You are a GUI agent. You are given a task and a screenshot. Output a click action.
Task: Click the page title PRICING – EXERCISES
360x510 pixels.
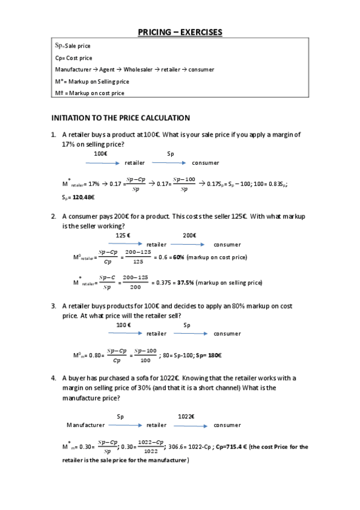180,31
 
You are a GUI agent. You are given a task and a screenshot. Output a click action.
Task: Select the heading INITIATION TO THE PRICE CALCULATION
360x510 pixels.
121,118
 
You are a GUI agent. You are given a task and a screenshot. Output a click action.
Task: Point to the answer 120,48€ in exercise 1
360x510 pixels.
85,197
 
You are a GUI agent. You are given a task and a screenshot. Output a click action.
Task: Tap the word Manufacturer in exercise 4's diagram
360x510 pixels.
85,425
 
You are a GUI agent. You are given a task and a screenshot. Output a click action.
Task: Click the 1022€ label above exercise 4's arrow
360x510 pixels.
186,416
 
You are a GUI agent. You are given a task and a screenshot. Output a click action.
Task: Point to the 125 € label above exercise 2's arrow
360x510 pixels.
123,235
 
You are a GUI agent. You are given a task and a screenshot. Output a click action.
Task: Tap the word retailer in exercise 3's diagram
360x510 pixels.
156,334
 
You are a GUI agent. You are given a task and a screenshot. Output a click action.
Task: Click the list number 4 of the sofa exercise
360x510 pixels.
53,378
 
